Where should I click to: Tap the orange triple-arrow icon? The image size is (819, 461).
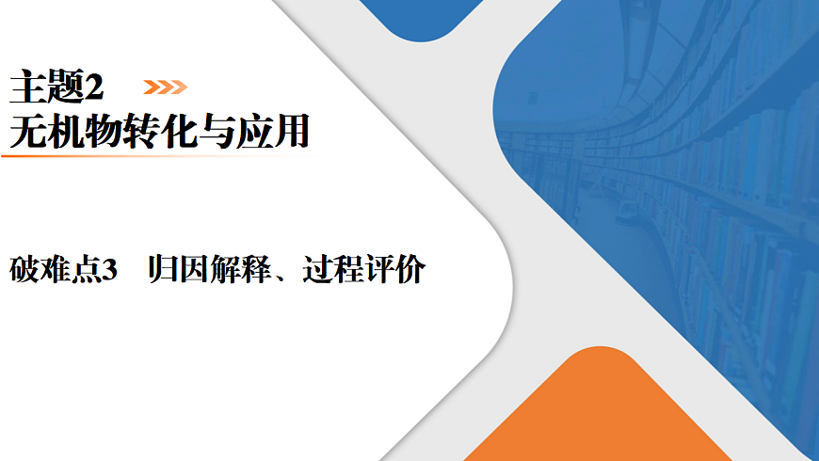pyautogui.click(x=165, y=87)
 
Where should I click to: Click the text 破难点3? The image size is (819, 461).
pyautogui.click(x=61, y=271)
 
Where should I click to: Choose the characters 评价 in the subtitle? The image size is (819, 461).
pyautogui.click(x=394, y=271)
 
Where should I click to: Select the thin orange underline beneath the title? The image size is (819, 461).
pyautogui.click(x=113, y=155)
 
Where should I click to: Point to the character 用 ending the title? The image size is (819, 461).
pyautogui.click(x=293, y=132)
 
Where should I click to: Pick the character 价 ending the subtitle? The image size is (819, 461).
pyautogui.click(x=410, y=271)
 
